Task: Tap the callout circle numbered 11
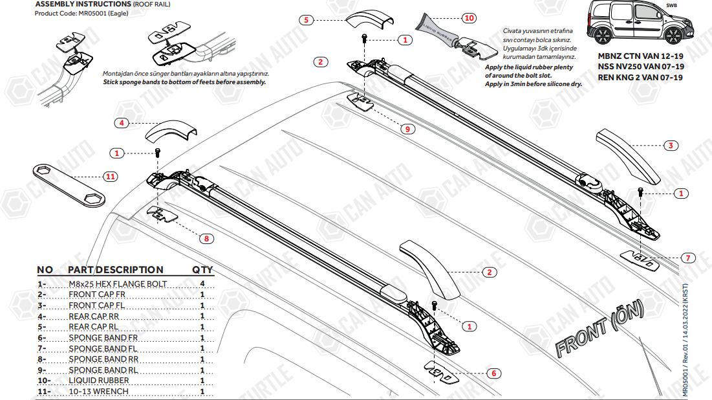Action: (110, 176)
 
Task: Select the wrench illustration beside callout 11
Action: (69, 183)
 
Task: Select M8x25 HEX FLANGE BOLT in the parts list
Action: (118, 283)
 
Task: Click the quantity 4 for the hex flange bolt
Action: (202, 283)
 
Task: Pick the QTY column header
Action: (202, 269)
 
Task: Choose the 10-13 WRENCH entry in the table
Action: (98, 391)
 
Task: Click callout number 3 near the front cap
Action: (671, 146)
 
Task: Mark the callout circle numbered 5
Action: (307, 20)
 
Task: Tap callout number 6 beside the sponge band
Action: (493, 373)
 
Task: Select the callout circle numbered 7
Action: (687, 258)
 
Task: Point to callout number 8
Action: (206, 238)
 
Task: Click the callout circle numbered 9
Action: (407, 129)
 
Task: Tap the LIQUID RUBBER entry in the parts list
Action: (99, 381)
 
